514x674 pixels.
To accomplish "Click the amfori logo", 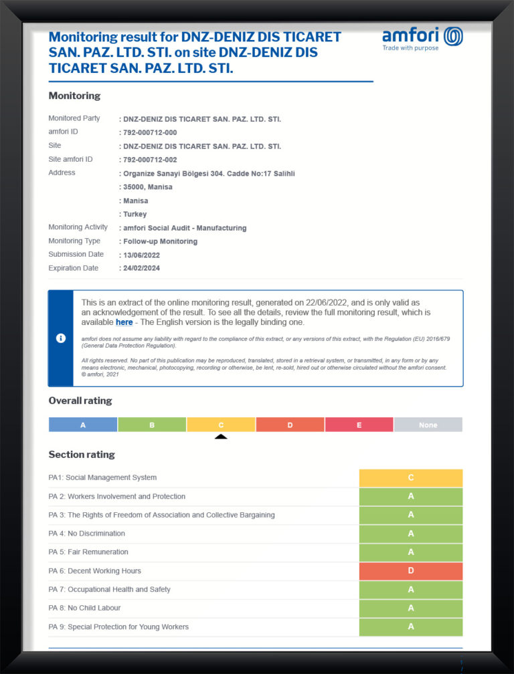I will (422, 38).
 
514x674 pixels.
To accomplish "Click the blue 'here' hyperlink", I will (124, 322).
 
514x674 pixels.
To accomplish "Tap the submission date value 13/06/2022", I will (141, 255).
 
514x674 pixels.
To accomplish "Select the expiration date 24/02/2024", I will (141, 268).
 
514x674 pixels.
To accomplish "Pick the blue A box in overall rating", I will (83, 425).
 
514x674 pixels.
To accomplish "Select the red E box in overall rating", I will (359, 425).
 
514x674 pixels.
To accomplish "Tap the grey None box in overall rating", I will (428, 425).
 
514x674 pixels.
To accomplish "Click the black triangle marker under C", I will (221, 437).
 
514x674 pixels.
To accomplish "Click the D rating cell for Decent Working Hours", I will (411, 571).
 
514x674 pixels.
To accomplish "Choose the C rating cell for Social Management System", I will (411, 477).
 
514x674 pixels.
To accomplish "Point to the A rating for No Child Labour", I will (411, 608).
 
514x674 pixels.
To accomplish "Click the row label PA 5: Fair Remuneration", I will (88, 552).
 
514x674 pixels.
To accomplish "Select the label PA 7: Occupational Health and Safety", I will (110, 590).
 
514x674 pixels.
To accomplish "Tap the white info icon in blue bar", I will (60, 338).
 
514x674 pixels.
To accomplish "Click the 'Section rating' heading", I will (82, 455).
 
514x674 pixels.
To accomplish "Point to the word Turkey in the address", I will (135, 215).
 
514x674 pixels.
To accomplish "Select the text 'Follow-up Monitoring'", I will (160, 241).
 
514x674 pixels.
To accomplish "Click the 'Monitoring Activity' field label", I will (78, 227).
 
